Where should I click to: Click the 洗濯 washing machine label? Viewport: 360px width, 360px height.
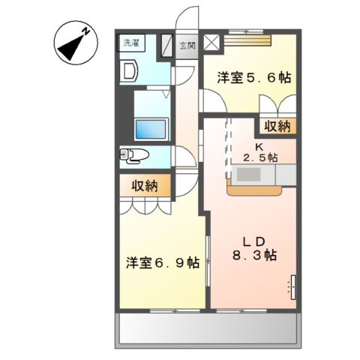(131, 43)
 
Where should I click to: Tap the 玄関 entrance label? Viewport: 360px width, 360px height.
(187, 46)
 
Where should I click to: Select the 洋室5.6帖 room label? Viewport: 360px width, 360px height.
(254, 77)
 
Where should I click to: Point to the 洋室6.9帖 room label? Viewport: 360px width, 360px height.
(163, 262)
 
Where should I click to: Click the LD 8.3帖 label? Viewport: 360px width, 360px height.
(254, 248)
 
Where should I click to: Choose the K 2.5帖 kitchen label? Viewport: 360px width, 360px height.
(260, 152)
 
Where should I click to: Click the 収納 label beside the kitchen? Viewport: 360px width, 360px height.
(277, 126)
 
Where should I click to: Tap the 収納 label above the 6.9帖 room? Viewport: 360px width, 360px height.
(145, 186)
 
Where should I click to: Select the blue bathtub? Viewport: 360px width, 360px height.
(151, 129)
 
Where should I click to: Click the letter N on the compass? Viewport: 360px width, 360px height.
(86, 31)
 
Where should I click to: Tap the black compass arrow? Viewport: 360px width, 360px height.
(70, 48)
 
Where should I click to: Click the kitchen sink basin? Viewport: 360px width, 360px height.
(248, 174)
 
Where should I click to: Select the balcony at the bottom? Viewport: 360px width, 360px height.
(208, 328)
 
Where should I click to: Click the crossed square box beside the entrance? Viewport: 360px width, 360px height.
(211, 42)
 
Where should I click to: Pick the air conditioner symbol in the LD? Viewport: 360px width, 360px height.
(293, 287)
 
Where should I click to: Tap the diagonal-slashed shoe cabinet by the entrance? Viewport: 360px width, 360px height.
(166, 45)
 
